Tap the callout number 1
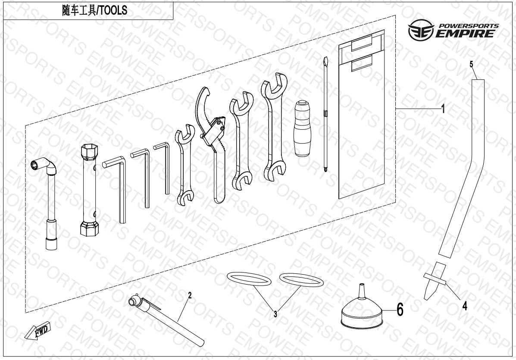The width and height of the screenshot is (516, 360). [443, 109]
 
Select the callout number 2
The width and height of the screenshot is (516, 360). [190, 295]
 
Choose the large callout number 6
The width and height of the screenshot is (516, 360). [400, 310]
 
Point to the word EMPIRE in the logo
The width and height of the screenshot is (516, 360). [465, 34]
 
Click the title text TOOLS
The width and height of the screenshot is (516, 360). [113, 10]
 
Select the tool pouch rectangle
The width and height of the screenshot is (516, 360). [362, 115]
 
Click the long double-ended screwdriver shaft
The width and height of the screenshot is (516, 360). [325, 115]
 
